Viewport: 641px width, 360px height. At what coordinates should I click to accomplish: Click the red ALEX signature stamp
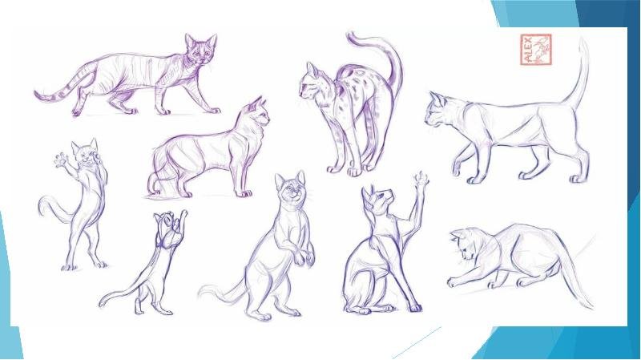click(536, 50)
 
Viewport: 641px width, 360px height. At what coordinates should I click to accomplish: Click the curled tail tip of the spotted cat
click(355, 38)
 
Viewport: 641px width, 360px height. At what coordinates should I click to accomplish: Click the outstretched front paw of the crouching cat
click(453, 282)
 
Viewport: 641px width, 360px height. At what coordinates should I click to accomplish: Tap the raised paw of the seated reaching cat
click(421, 179)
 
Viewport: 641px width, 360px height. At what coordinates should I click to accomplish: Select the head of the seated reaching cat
click(377, 197)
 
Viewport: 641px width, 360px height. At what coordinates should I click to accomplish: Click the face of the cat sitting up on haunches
click(291, 189)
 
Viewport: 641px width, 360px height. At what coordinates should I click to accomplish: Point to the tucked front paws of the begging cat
click(304, 256)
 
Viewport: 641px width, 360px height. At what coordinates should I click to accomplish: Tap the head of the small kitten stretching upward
click(168, 230)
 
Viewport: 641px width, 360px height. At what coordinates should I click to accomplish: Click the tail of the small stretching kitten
click(119, 297)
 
